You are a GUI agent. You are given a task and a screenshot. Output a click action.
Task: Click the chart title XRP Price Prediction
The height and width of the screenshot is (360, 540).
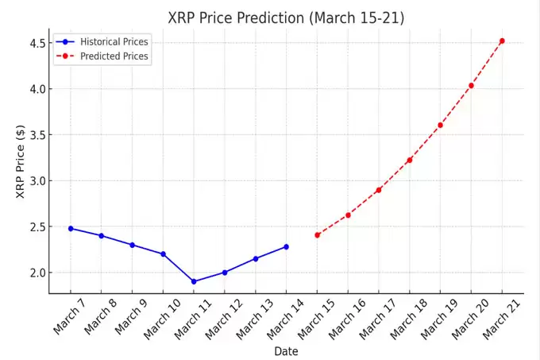[x=286, y=17]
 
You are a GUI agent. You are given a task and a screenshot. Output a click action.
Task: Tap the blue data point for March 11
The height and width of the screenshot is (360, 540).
[x=194, y=281]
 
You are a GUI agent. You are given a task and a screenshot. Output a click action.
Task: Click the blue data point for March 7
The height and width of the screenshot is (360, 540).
[x=71, y=228]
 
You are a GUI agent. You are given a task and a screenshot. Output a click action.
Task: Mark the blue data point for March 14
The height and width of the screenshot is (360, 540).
[x=286, y=246]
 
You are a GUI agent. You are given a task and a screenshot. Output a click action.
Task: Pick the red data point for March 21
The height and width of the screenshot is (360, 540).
[x=502, y=41]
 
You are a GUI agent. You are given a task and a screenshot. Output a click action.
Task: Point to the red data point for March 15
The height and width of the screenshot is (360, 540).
[x=317, y=235]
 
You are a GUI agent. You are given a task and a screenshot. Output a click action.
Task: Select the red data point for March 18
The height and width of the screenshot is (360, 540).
[x=410, y=160]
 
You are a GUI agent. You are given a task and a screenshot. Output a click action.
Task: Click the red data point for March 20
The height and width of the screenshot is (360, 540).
[x=471, y=86]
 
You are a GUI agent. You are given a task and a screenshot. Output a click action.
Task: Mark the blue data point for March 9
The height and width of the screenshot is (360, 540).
[x=132, y=245]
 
